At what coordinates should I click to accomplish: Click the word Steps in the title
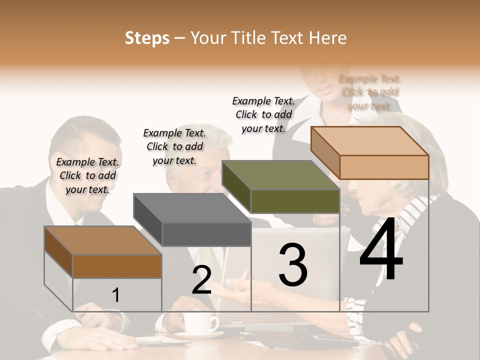pos(147,38)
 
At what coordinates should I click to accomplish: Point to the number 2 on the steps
pos(201,280)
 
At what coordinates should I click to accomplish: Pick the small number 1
pos(115,295)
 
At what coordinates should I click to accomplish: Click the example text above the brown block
pos(87,175)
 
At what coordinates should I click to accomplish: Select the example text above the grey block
pos(174,146)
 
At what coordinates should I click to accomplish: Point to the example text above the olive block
pos(263,114)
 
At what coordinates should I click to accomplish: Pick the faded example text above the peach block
pos(369,92)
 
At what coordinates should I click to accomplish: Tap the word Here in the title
pos(328,38)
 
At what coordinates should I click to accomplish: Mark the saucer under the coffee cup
pos(199,334)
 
